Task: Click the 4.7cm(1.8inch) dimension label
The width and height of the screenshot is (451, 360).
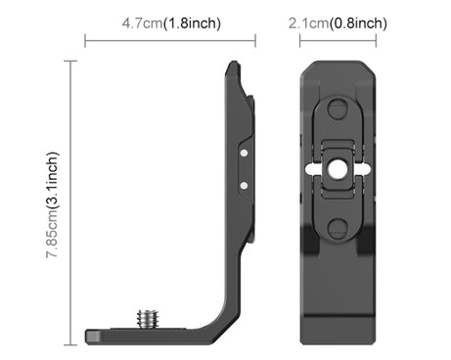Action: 171,23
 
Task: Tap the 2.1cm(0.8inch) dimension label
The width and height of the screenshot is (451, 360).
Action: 338,23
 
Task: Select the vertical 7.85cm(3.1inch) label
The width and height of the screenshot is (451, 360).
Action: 52,204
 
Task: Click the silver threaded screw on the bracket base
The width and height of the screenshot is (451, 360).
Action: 149,319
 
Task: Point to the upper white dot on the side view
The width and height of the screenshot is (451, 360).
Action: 244,153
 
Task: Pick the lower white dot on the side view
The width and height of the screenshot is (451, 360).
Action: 244,186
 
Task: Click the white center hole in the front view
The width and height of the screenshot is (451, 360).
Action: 338,169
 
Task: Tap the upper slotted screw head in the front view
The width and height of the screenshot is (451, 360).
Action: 338,109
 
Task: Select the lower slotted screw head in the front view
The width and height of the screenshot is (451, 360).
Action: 338,228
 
